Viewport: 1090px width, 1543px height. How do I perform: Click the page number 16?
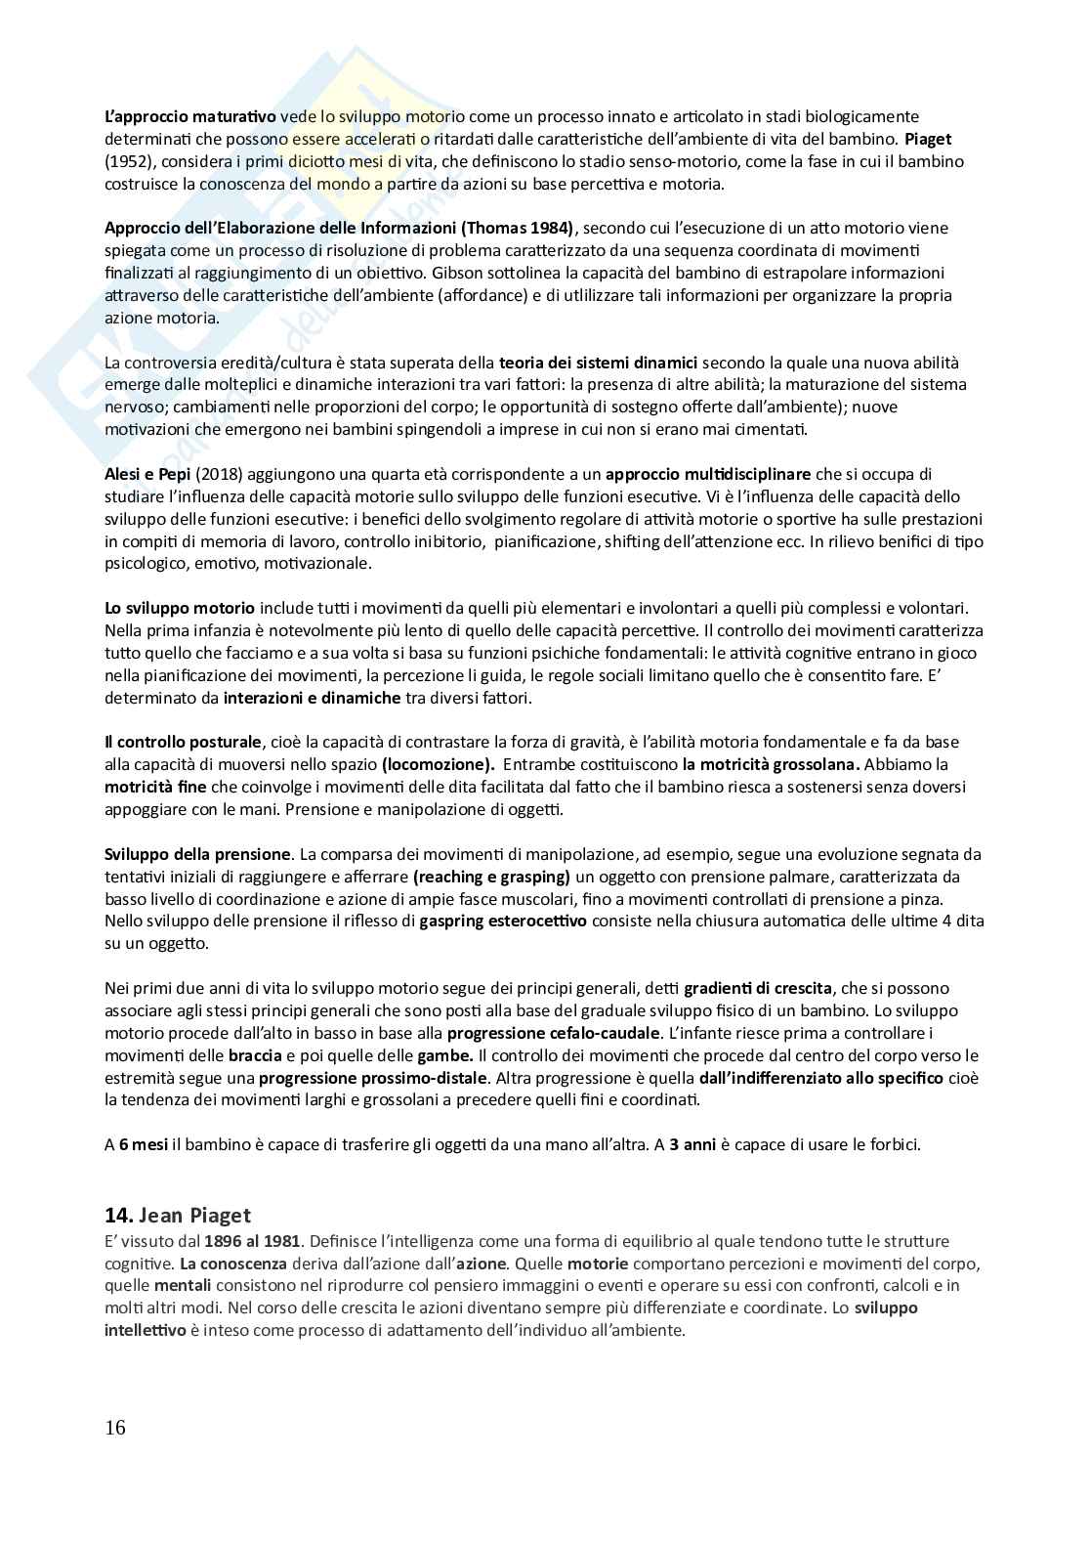[x=115, y=1428]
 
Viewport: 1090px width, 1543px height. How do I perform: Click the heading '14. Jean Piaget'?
[x=178, y=1216]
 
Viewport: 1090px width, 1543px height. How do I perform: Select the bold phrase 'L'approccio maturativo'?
[x=189, y=116]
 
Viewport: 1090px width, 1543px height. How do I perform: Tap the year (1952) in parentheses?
[x=128, y=161]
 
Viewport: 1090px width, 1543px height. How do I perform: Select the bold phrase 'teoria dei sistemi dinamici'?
[x=598, y=362]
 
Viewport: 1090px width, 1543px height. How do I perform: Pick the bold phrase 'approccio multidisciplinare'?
[x=708, y=474]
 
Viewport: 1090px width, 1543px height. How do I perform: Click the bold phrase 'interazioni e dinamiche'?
[x=312, y=698]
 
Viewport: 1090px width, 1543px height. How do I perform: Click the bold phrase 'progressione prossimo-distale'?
[x=372, y=1078]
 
